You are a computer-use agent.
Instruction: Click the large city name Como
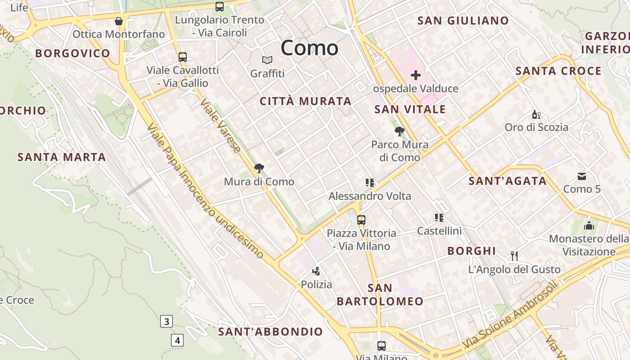(x=310, y=48)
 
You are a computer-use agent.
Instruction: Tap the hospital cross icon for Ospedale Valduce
(x=415, y=75)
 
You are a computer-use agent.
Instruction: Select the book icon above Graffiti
(x=267, y=60)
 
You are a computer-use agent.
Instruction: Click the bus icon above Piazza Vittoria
(x=361, y=220)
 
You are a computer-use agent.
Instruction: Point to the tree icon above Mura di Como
(x=259, y=169)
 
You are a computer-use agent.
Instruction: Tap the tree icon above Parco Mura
(x=399, y=131)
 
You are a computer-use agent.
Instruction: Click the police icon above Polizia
(x=316, y=271)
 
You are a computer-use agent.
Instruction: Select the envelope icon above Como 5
(x=582, y=176)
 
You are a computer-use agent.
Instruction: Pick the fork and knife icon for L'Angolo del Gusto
(x=514, y=256)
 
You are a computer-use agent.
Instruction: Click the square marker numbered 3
(x=166, y=321)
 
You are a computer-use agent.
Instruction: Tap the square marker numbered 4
(x=177, y=340)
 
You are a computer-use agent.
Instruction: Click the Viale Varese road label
(x=220, y=126)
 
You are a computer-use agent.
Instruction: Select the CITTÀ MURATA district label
(x=306, y=101)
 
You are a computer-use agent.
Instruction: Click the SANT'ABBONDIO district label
(x=270, y=332)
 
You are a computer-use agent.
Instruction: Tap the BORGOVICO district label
(x=73, y=53)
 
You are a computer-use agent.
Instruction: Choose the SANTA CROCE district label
(x=558, y=71)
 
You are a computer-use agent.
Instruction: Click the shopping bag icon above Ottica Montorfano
(x=119, y=21)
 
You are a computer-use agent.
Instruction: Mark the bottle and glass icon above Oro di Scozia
(x=536, y=114)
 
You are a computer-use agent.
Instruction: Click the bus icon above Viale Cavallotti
(x=183, y=57)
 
